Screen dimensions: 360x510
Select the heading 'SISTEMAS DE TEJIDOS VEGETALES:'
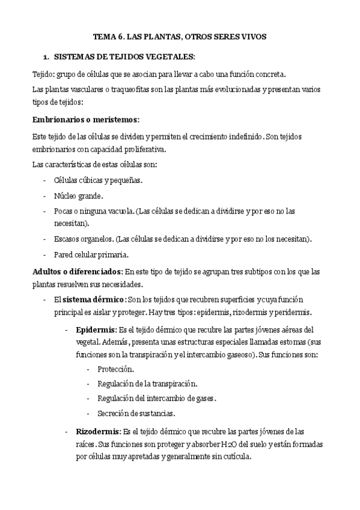124,57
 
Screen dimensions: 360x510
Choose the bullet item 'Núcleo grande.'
78,195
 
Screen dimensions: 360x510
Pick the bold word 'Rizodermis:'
98,431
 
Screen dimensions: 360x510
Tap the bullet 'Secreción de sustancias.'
132,413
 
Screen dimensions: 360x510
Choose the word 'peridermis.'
289,312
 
